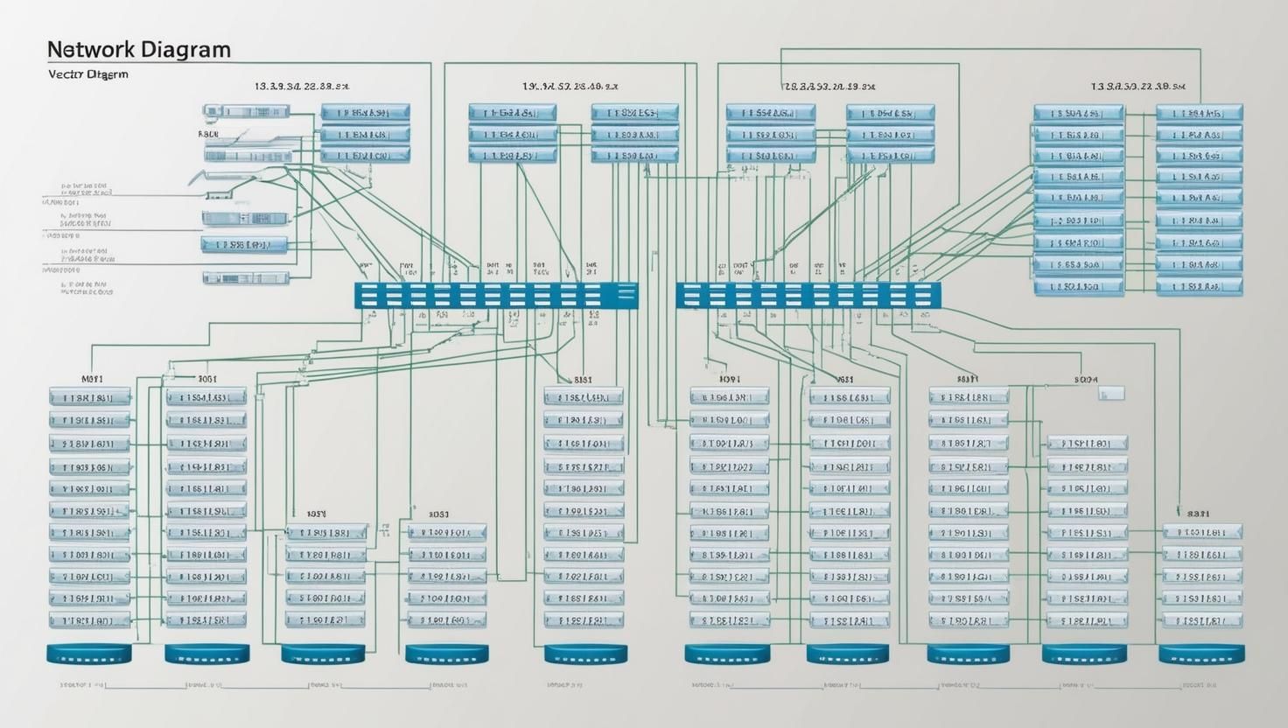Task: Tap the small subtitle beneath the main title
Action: pos(87,74)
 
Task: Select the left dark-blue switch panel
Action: pos(496,296)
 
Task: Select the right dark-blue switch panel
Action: pos(808,296)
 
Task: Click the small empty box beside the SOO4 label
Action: pos(1111,394)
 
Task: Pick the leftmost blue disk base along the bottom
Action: pos(88,654)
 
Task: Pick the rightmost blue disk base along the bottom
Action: pos(1201,654)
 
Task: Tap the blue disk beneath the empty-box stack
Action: pos(1084,654)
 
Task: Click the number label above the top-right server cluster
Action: pos(1137,87)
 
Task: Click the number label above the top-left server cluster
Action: pos(302,87)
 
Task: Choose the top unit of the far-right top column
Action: pos(1200,113)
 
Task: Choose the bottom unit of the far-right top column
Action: pos(1200,286)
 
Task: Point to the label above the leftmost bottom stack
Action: pos(92,380)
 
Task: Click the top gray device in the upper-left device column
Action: pos(246,111)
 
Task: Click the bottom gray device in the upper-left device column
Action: pos(246,278)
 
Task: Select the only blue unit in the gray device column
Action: pos(245,245)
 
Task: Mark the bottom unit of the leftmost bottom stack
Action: pos(89,620)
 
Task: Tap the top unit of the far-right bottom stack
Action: pos(1202,531)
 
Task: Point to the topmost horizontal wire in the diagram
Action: pos(989,49)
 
